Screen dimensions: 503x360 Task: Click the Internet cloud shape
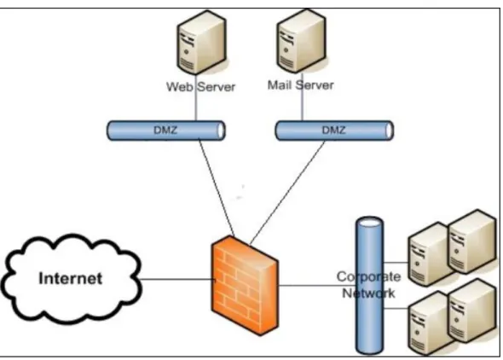click(x=72, y=278)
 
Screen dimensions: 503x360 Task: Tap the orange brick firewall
click(x=245, y=286)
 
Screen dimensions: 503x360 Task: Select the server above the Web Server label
click(x=201, y=43)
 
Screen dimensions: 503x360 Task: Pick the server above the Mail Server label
click(x=301, y=41)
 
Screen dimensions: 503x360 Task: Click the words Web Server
click(x=201, y=87)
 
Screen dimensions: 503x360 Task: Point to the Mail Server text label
click(x=301, y=85)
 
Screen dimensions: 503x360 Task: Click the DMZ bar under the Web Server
click(x=166, y=131)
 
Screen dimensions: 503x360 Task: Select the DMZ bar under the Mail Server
click(x=334, y=131)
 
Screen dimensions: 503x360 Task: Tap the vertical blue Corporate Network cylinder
click(x=369, y=286)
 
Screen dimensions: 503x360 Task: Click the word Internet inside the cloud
click(x=71, y=278)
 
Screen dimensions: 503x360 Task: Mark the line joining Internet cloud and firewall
click(x=177, y=279)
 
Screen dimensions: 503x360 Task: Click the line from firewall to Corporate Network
click(x=317, y=285)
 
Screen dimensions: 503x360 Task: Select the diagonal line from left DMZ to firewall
click(x=217, y=188)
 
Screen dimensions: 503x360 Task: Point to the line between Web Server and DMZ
click(x=196, y=98)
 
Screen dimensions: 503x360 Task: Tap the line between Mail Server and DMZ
click(x=302, y=97)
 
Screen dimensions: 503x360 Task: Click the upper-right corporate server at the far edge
click(x=471, y=241)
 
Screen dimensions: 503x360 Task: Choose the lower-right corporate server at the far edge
click(x=471, y=311)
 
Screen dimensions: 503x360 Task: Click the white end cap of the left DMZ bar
click(x=221, y=131)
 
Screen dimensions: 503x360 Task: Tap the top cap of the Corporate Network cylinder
click(x=369, y=222)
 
